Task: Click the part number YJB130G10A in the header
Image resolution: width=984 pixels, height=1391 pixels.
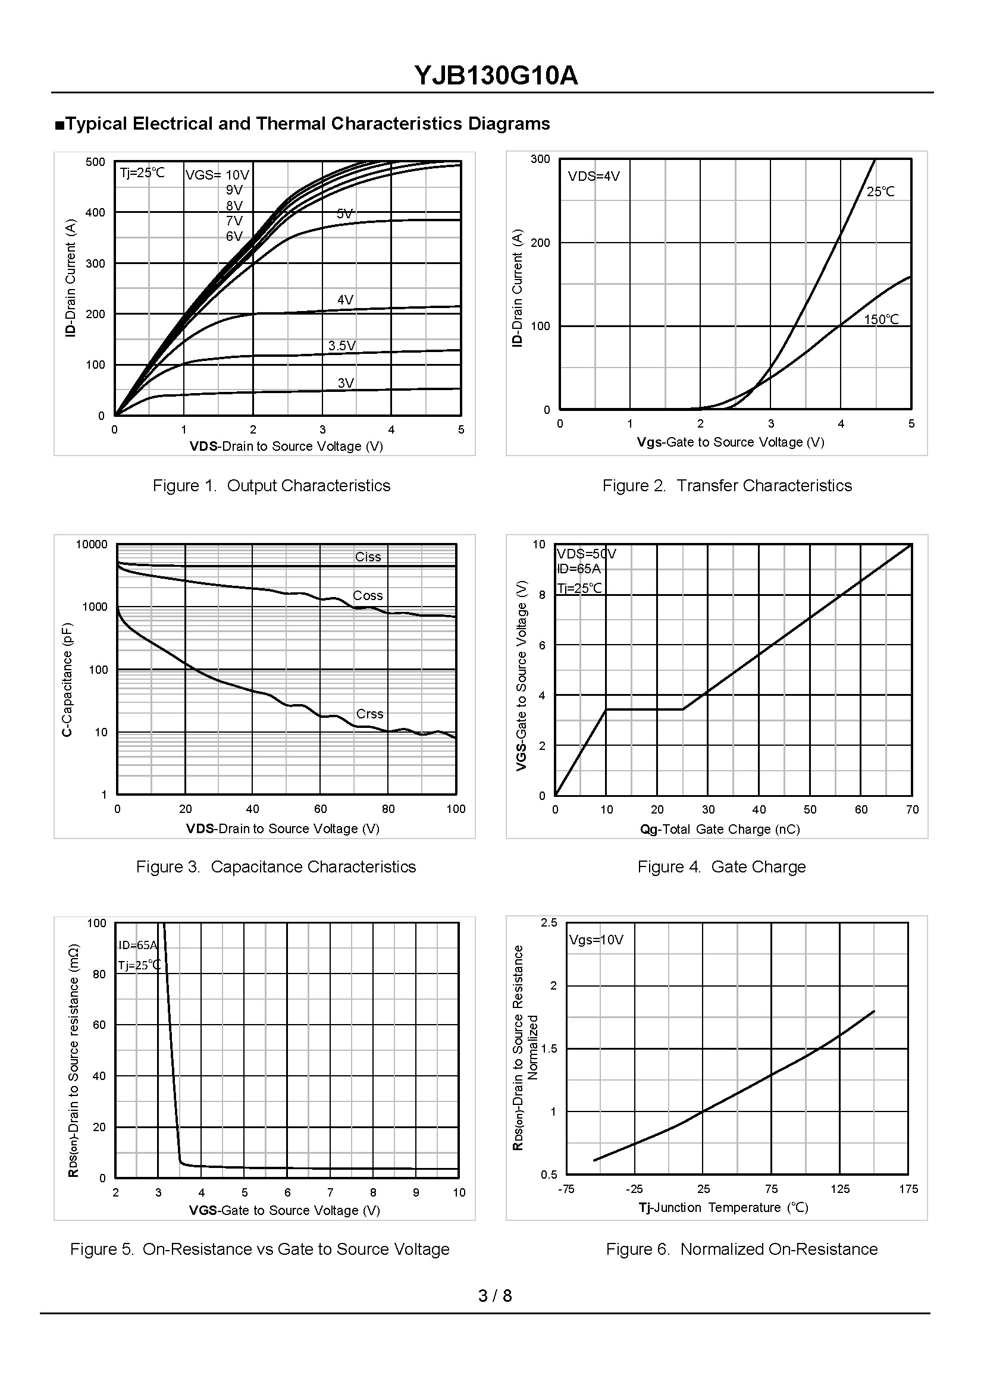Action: (x=496, y=76)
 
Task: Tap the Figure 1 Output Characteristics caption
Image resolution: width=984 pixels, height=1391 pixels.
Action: (x=271, y=485)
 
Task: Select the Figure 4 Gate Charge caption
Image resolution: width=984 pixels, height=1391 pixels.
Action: (x=721, y=866)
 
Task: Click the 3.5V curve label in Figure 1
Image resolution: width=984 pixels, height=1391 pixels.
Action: (x=341, y=346)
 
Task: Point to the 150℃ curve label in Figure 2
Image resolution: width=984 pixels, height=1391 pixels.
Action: (x=881, y=319)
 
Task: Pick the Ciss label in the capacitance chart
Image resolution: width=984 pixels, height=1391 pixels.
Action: (x=368, y=557)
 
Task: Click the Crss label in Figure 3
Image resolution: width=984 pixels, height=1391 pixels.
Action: (x=369, y=714)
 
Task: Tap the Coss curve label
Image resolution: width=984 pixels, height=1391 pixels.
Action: (x=368, y=595)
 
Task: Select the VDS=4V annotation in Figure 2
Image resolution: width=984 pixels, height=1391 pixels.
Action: (x=594, y=176)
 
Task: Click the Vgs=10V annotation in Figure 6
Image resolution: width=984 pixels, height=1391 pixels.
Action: (x=596, y=940)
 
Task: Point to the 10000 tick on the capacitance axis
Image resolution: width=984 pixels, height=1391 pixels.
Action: (x=92, y=544)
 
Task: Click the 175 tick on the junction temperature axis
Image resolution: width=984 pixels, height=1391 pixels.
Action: (x=908, y=1189)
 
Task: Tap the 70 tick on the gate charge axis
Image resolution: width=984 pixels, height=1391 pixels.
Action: (x=912, y=809)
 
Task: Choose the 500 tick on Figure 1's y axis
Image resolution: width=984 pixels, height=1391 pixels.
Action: (x=95, y=162)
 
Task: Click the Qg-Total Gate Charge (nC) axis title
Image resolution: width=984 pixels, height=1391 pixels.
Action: (x=720, y=829)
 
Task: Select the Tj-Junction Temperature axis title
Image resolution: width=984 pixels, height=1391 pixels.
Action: (x=723, y=1207)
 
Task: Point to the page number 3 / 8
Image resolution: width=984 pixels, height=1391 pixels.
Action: (x=495, y=1295)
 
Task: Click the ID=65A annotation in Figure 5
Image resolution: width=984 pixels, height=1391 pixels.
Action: (x=137, y=945)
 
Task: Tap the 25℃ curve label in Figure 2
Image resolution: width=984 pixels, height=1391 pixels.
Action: (x=880, y=191)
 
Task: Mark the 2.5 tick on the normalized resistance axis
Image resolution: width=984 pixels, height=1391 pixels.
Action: (x=549, y=922)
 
